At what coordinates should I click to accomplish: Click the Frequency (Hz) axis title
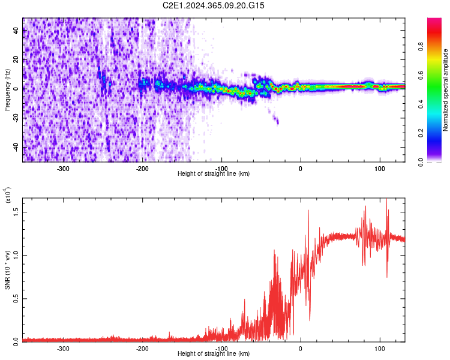point(7,90)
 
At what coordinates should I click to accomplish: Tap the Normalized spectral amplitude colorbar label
point(446,90)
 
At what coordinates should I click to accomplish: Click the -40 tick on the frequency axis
point(14,147)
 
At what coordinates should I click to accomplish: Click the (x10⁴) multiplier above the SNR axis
point(7,196)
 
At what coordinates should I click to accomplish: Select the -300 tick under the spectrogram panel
point(64,169)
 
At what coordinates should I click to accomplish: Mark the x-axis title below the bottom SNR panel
point(214,354)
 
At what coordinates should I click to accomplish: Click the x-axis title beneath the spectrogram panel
point(214,174)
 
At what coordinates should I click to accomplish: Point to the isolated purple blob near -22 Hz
point(277,121)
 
